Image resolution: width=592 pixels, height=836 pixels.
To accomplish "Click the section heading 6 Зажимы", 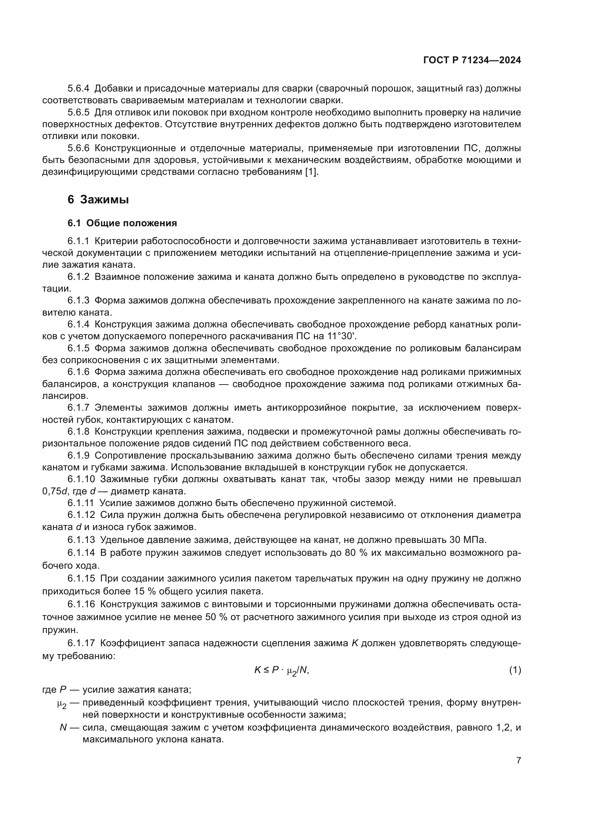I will (x=98, y=199).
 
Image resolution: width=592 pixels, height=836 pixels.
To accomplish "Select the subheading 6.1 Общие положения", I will (x=122, y=223).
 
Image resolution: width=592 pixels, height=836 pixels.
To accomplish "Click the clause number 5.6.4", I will (x=78, y=89).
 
